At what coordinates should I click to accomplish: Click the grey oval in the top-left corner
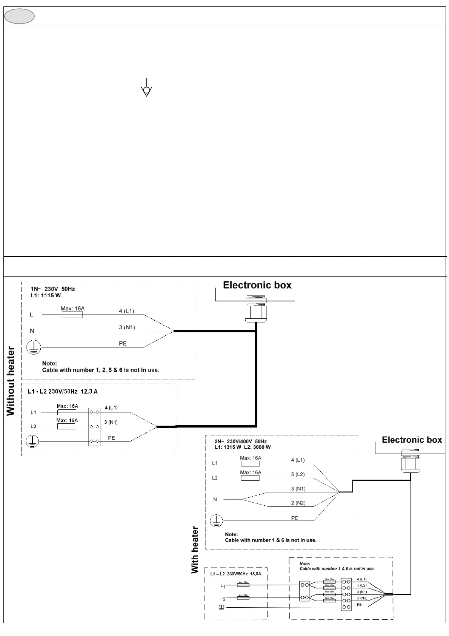pos(20,16)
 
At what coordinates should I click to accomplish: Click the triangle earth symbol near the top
pos(146,91)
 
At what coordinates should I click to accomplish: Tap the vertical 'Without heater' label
pos(11,381)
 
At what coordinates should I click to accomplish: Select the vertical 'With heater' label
pos(195,550)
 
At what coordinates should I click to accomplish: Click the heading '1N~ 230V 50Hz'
pos(53,289)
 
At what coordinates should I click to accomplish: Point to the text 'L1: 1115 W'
pos(46,295)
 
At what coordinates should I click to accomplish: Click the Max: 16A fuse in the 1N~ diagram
pos(72,314)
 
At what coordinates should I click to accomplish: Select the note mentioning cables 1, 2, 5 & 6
pos(100,370)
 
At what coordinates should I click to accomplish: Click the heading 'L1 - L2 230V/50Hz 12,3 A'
pos(63,392)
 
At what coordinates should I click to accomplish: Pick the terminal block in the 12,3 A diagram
pos(94,427)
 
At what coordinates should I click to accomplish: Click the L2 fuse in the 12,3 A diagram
pos(66,426)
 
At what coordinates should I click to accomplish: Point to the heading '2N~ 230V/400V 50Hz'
pos(241,441)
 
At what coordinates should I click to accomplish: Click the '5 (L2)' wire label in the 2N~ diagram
pos(298,474)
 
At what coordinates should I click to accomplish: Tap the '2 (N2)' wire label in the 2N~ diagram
pos(298,503)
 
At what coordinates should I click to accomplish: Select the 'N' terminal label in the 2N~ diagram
pos(215,499)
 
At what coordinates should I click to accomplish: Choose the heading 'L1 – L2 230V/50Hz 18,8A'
pos(235,574)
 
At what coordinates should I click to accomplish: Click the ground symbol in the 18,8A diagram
pos(222,607)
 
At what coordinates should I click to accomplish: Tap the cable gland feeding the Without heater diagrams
pos(256,309)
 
